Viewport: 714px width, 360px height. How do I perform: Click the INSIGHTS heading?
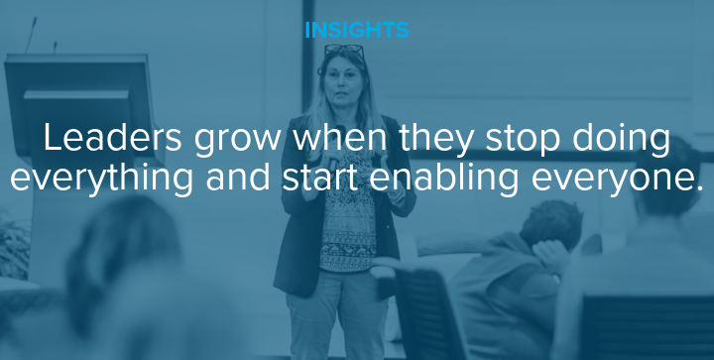click(356, 30)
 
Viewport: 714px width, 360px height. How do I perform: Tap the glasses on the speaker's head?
click(343, 50)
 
